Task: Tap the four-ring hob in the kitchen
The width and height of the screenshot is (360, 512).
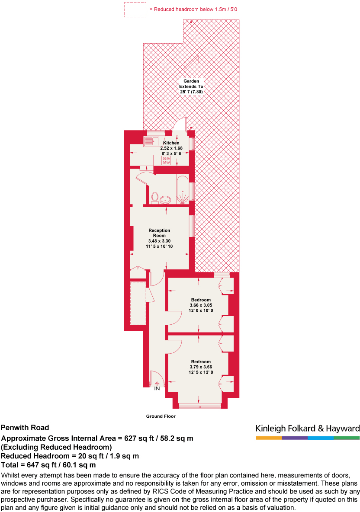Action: [x=166, y=160]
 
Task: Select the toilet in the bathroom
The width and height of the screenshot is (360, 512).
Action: [x=154, y=197]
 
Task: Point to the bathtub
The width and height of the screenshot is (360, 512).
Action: [x=182, y=190]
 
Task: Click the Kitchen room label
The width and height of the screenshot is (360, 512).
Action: [x=171, y=143]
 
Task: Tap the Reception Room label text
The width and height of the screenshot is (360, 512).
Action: [x=159, y=233]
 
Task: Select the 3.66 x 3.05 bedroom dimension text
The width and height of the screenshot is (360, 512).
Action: [x=201, y=305]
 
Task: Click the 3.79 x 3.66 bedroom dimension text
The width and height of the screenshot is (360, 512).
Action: [x=201, y=367]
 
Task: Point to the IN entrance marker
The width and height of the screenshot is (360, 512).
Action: [x=157, y=388]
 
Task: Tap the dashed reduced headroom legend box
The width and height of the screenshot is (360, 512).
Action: [x=135, y=10]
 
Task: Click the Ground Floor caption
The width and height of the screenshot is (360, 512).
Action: [x=161, y=416]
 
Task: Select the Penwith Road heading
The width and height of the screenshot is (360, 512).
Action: [x=25, y=428]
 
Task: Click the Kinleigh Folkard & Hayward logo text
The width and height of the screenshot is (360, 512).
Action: [x=307, y=429]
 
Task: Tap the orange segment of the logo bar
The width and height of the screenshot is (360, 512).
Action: [x=269, y=438]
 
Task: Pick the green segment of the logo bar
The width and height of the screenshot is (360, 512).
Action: [x=347, y=438]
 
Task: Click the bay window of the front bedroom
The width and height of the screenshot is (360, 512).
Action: [x=200, y=406]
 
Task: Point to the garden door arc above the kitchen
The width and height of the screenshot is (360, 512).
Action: [x=179, y=124]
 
